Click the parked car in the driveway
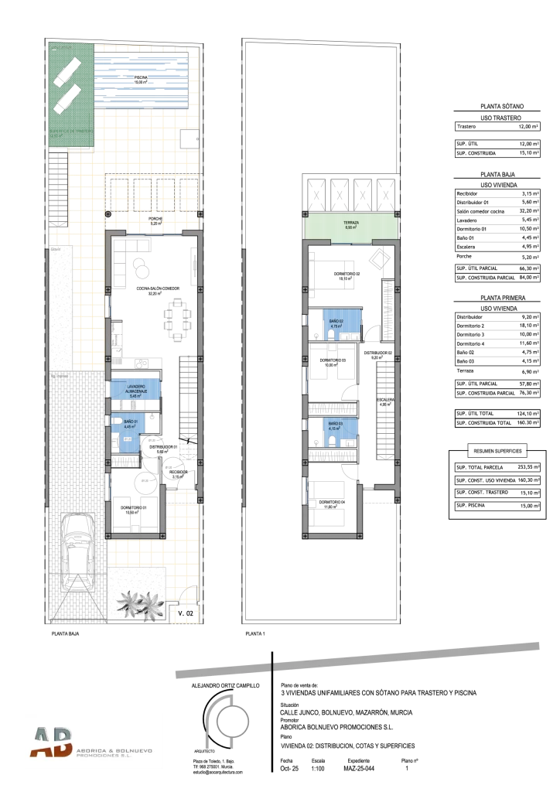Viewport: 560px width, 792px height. coord(77,551)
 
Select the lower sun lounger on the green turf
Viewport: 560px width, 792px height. coord(68,101)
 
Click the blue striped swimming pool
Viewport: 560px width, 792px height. coord(141,82)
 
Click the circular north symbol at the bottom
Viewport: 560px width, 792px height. coord(230,722)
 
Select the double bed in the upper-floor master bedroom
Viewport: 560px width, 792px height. coord(332,275)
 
